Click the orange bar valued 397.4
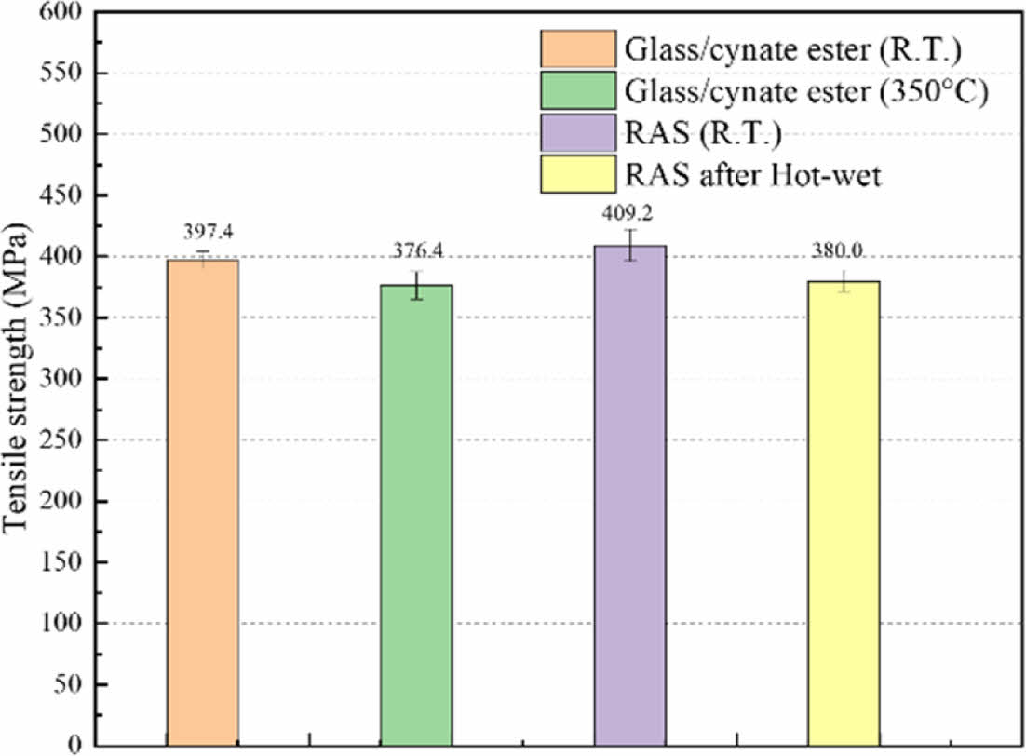[x=202, y=503]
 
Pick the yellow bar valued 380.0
[x=844, y=513]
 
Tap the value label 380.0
[x=844, y=252]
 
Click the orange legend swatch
[x=577, y=47]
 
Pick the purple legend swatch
[x=577, y=132]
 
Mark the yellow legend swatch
[x=577, y=175]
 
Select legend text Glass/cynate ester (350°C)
[x=806, y=90]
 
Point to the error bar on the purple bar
[x=629, y=245]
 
